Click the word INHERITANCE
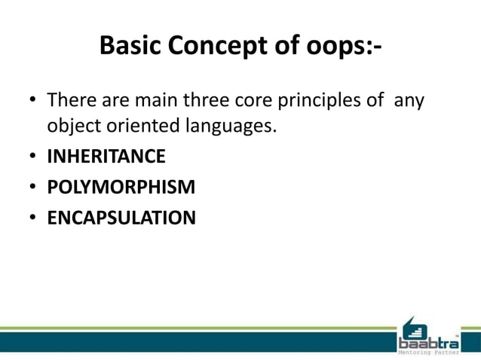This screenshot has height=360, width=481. [106, 157]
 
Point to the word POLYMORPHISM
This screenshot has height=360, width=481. [121, 187]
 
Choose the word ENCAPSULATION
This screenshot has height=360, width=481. [121, 218]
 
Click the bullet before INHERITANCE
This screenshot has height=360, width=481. [34, 157]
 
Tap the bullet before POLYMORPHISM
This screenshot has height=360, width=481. [34, 188]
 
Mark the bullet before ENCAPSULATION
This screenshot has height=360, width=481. [34, 218]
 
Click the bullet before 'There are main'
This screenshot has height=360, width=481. [34, 100]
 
